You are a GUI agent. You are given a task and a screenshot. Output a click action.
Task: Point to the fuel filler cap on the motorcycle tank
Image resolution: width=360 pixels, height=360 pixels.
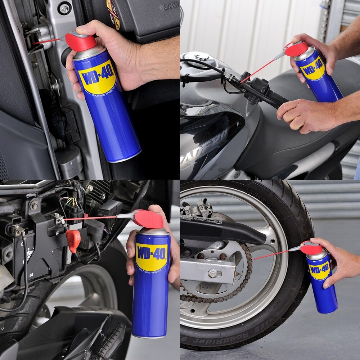tap(200, 57)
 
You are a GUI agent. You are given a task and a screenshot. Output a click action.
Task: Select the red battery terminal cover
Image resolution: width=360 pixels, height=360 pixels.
tap(73, 239)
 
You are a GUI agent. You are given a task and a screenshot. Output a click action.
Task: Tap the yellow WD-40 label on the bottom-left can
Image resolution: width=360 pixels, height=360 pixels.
tap(152, 257)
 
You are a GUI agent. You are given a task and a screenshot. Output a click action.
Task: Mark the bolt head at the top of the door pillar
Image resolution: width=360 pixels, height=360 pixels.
tap(65, 9)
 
